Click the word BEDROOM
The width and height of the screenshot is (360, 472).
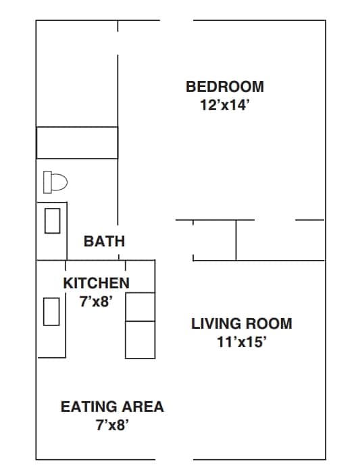225,86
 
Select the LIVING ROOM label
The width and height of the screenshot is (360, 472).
242,323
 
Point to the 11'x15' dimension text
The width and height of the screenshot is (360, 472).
242,342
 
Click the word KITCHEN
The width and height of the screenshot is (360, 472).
96,283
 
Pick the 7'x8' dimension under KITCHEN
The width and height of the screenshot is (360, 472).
96,301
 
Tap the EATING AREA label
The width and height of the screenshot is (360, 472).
112,407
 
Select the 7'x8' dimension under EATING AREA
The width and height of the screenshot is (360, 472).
112,425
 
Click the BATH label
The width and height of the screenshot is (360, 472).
104,241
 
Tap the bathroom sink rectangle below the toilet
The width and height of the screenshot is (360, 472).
52,221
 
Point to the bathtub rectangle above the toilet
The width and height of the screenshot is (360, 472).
77,142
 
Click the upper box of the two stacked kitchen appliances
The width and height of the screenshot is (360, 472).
140,307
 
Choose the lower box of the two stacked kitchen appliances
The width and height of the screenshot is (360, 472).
140,339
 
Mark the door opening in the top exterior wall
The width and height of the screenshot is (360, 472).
176,21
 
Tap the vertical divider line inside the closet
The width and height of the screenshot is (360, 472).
236,240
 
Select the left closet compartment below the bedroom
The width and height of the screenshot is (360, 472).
214,240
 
